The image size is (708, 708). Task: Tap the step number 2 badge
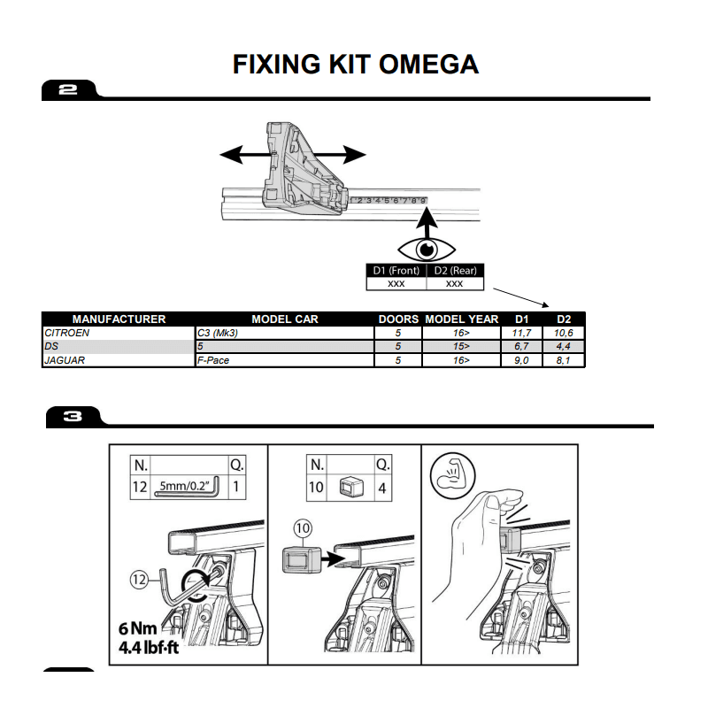click(68, 89)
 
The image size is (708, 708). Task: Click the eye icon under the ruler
click(426, 248)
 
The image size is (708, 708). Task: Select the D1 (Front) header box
click(396, 271)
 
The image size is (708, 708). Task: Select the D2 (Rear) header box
click(455, 271)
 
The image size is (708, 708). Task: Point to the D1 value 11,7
click(520, 332)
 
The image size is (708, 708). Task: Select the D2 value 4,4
click(563, 346)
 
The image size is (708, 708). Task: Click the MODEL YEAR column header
click(461, 319)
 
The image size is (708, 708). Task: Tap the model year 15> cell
click(461, 346)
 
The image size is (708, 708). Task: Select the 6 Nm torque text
click(140, 629)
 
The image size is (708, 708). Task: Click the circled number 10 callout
click(304, 528)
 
